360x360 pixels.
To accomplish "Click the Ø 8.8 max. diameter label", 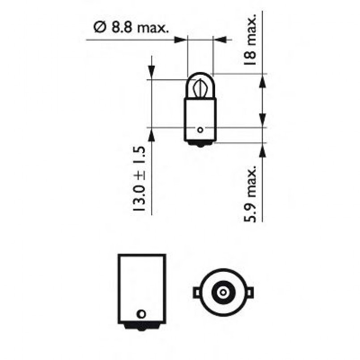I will click(x=131, y=29).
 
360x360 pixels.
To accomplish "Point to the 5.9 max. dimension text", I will click(x=251, y=194).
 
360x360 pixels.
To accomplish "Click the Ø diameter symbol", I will click(x=99, y=28).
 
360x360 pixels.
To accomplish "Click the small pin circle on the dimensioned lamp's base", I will click(x=200, y=130).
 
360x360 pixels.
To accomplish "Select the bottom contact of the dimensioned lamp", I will click(x=200, y=144).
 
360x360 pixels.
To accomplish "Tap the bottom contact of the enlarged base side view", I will click(x=142, y=327).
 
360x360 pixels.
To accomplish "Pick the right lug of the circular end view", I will click(x=249, y=292).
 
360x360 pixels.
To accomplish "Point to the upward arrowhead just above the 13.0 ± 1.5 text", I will click(x=151, y=135).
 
